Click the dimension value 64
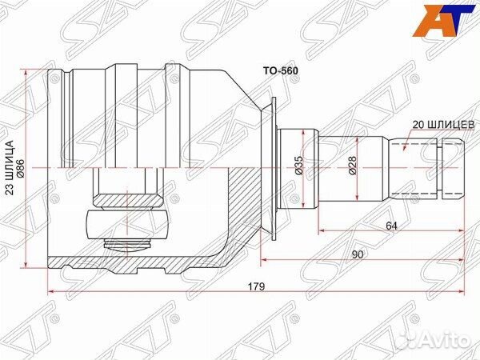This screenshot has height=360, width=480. click(x=392, y=226)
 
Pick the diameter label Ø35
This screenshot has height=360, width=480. click(x=298, y=166)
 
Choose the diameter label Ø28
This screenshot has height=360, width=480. click(x=352, y=166)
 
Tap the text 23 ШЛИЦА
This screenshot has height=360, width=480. click(x=10, y=168)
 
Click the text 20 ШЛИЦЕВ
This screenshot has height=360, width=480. click(x=443, y=125)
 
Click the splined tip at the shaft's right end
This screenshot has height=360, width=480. click(x=451, y=168)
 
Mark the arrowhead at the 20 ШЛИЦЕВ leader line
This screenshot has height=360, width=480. click(x=405, y=148)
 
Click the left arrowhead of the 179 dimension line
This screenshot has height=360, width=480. click(x=52, y=291)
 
